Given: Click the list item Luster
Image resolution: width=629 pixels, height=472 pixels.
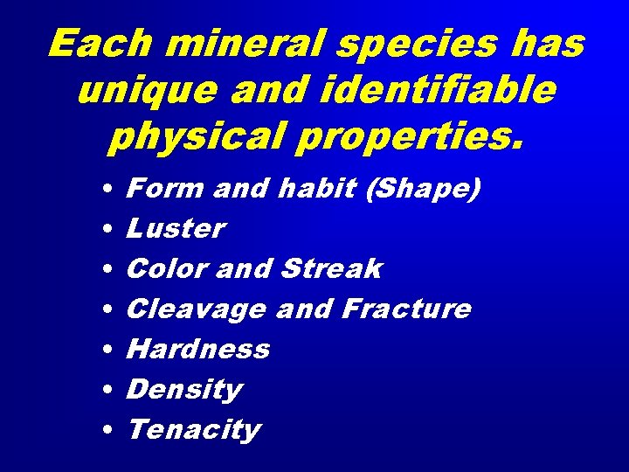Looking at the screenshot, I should (176, 228).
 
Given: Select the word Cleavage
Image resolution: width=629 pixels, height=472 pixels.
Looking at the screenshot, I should (196, 309).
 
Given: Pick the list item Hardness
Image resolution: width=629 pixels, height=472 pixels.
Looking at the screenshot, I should (198, 349).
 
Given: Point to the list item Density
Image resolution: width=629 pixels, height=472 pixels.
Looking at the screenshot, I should (183, 390).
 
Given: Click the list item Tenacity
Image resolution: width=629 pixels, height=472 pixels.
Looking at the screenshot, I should (193, 430).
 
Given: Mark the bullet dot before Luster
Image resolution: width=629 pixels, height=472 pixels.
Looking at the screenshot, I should (105, 229).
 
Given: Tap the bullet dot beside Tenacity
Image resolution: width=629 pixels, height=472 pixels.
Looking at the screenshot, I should (105, 431).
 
